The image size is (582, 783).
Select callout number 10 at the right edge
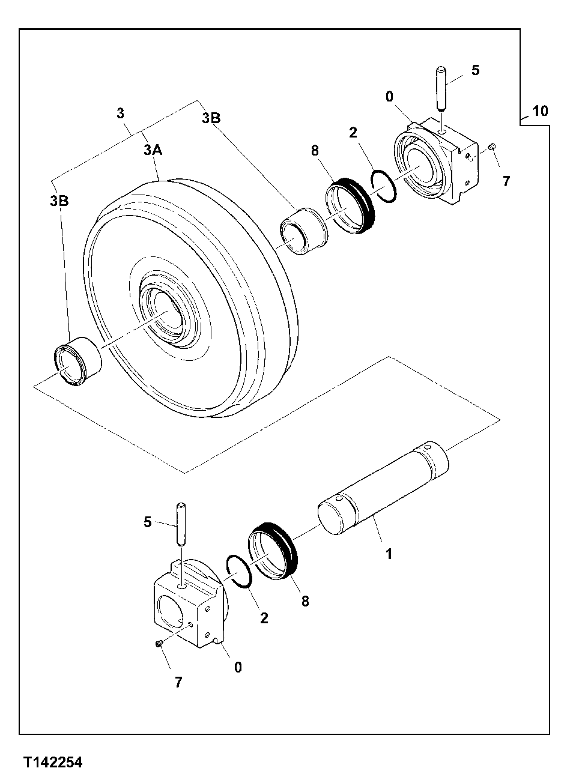click(x=540, y=111)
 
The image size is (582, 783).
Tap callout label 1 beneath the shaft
click(x=389, y=554)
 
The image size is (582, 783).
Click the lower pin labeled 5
click(x=180, y=524)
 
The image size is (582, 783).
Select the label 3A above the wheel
click(x=153, y=150)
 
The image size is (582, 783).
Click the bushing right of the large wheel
click(x=304, y=231)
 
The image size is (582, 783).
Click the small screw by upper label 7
click(x=492, y=146)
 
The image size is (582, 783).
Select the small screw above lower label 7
click(x=159, y=644)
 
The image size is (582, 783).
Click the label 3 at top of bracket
click(x=121, y=113)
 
